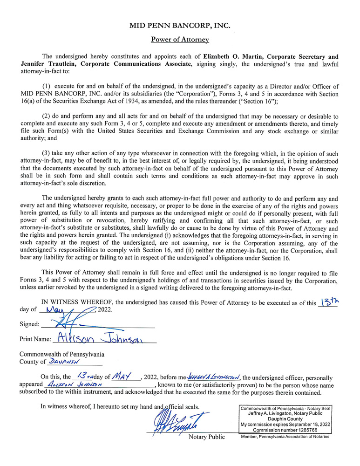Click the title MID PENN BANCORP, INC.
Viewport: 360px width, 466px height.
(180, 26)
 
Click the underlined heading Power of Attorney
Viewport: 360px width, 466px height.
(180, 40)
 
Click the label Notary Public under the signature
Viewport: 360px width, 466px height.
(206, 437)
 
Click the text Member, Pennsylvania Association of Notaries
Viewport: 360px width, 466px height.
(285, 437)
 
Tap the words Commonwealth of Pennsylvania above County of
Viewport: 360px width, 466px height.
(62, 354)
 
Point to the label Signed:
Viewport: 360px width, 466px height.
(29, 324)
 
